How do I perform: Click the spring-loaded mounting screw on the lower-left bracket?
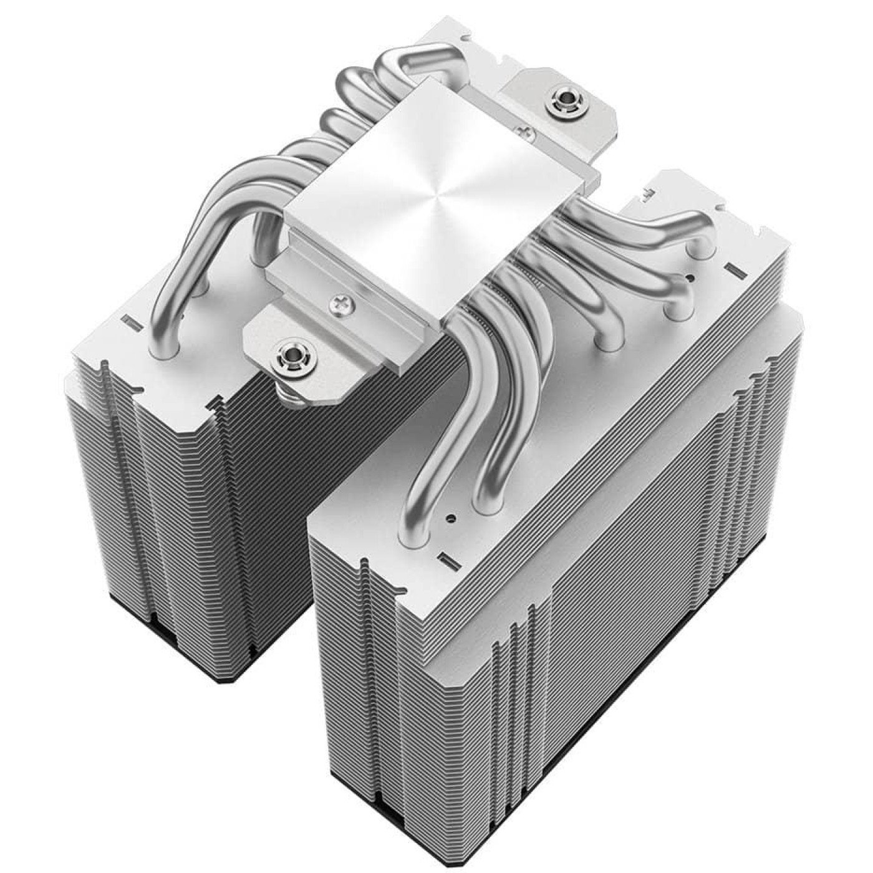291,355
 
